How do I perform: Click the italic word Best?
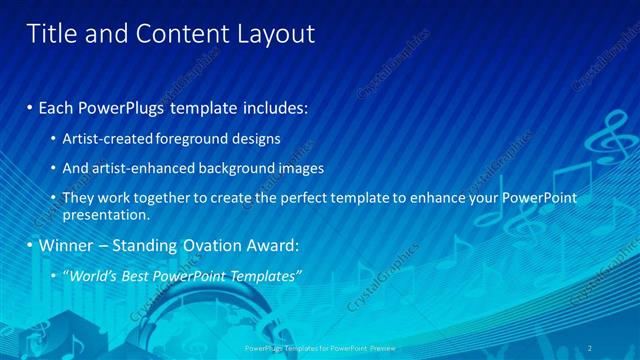point(146,275)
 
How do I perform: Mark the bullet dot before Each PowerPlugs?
point(30,106)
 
